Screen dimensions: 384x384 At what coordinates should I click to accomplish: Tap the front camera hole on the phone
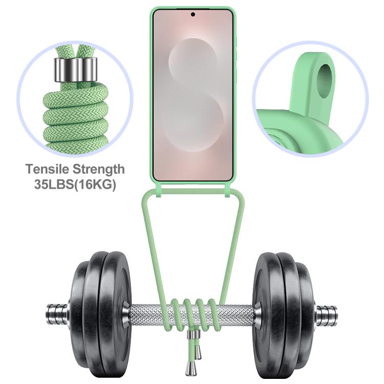pos(193,14)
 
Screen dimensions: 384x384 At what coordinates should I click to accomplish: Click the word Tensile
pos(48,169)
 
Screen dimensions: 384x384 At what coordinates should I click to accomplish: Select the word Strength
pos(99,169)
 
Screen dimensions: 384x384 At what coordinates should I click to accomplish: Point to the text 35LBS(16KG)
pos(75,184)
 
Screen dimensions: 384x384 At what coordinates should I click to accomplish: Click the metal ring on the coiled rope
pos(75,70)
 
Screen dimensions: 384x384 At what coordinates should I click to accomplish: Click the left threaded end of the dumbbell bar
pos(57,314)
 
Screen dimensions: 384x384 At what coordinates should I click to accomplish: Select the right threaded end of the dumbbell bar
pos(326,314)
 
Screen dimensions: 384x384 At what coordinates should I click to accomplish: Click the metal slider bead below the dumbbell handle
pos(194,334)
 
